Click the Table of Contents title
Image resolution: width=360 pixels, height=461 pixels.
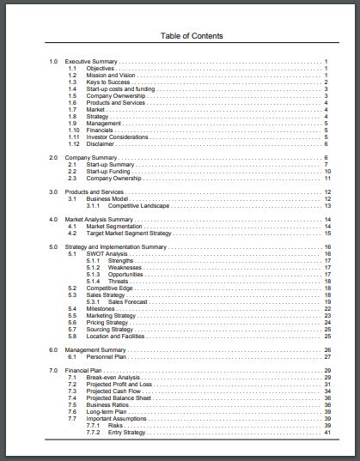point(192,36)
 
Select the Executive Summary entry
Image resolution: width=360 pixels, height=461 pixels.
point(91,62)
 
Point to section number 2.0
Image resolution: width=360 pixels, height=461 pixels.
point(53,158)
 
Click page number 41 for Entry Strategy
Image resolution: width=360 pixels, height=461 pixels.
point(328,433)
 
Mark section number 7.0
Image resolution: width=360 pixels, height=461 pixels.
point(53,371)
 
